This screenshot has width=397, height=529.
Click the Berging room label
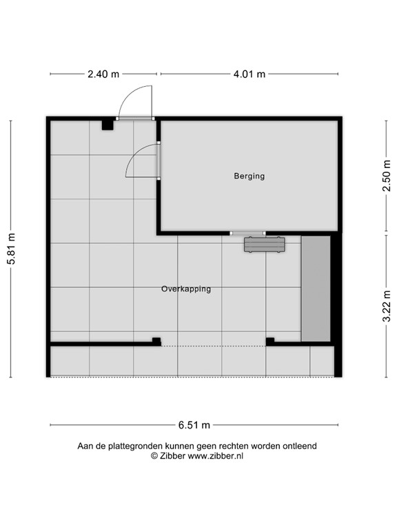[249, 176]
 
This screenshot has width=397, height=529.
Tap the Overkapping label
[186, 289]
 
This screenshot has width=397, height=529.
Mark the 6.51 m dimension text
[195, 425]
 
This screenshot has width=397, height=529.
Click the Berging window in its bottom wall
[248, 234]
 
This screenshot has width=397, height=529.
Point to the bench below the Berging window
[264, 245]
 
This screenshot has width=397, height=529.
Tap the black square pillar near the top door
[108, 125]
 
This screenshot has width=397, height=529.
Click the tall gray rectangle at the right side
[316, 289]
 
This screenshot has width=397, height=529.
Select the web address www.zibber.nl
[215, 455]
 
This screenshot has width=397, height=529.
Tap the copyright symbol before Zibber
[155, 455]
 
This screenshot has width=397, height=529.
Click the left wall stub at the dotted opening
[156, 341]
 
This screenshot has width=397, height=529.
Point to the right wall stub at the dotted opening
[269, 341]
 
